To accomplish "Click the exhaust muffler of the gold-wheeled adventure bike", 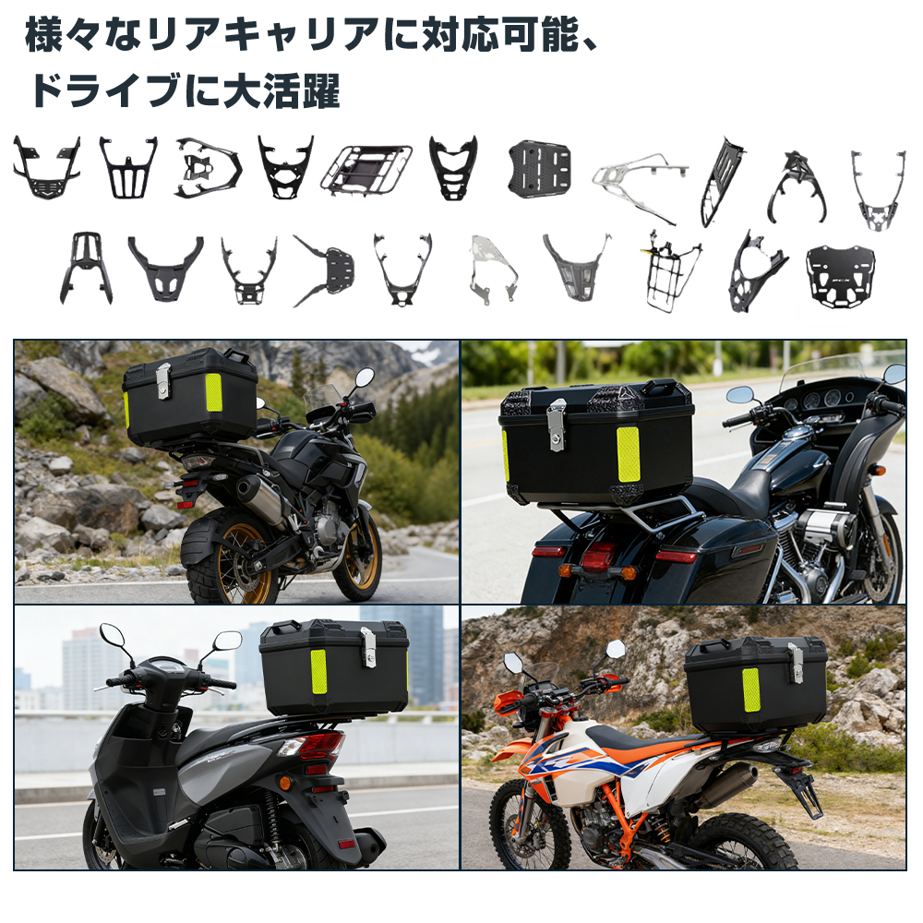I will click(259, 498).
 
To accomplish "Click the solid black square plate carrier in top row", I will click(540, 169).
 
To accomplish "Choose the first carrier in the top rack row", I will click(45, 168).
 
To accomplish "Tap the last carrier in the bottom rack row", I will click(840, 275).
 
